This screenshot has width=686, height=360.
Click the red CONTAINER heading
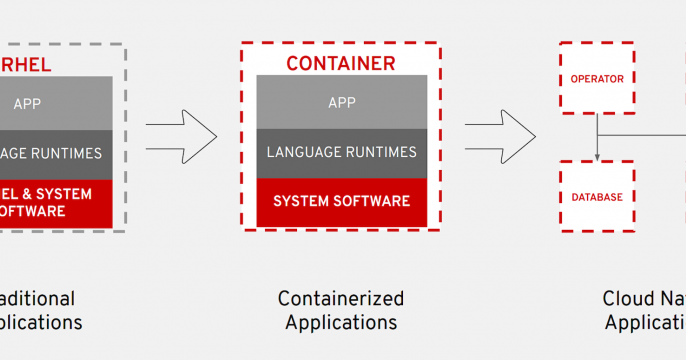340,64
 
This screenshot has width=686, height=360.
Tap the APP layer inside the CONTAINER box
341,102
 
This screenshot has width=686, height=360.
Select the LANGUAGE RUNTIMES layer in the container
341,152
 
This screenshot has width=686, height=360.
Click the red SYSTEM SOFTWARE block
341,201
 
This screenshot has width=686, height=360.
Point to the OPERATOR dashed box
597,78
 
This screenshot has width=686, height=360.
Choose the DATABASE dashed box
597,197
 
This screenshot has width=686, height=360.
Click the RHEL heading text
30,65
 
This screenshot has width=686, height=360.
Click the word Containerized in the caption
340,298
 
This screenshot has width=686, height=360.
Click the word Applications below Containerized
340,322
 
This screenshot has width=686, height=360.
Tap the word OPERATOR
597,78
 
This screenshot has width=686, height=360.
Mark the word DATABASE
597,197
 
